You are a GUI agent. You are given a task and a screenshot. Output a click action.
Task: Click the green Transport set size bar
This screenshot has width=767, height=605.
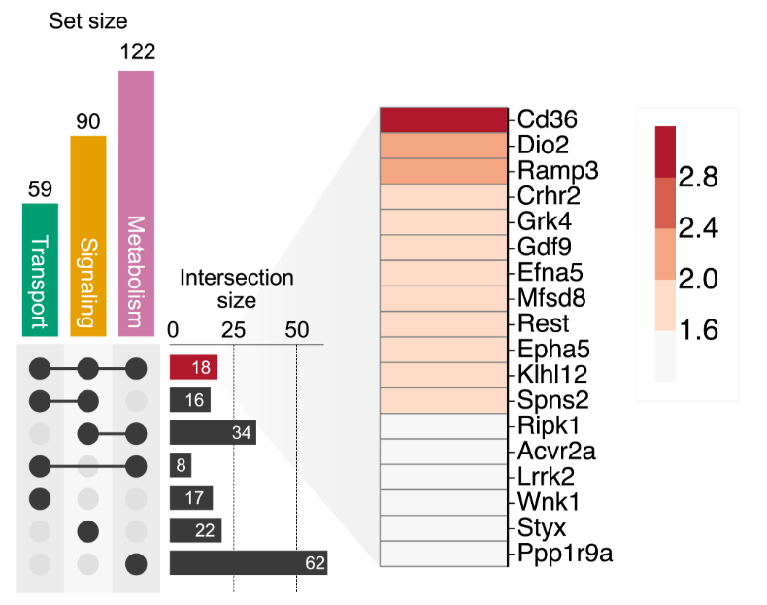pos(41,270)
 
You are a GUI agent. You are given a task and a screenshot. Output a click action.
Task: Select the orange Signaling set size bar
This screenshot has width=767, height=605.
pos(88,236)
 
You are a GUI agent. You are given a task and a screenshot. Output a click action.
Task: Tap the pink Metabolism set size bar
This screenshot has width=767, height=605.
pos(136,204)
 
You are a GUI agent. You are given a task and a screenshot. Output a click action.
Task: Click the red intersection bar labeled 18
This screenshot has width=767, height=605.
pos(193,367)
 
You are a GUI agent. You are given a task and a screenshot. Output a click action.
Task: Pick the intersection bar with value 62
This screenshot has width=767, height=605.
pos(248,562)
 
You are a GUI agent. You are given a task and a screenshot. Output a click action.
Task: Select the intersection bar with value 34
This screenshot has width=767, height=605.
pos(213,432)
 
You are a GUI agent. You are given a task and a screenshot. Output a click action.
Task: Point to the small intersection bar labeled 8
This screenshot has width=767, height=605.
pos(181,465)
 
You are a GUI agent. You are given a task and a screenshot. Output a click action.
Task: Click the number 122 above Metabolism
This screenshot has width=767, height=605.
pos(137,51)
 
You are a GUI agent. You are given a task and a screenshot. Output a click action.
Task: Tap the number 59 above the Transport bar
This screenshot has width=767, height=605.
pos(41,188)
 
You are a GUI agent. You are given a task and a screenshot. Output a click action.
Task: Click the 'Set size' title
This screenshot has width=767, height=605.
pos(88,18)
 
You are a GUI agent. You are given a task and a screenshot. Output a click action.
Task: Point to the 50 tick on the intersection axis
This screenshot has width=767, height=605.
pos(296,329)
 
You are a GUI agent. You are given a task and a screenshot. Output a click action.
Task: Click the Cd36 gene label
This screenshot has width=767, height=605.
pos(548,120)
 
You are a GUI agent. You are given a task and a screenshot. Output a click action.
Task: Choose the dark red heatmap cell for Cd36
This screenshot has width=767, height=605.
pos(444,119)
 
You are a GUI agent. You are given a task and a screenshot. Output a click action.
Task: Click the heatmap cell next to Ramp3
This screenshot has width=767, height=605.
pos(444,170)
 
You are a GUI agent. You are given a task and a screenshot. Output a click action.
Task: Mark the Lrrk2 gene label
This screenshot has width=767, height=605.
pos(547,477)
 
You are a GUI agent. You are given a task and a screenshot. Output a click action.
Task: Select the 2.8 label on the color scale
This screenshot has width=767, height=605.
pos(699,177)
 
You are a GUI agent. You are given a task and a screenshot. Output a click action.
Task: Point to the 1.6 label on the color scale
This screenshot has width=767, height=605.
pos(699,330)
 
